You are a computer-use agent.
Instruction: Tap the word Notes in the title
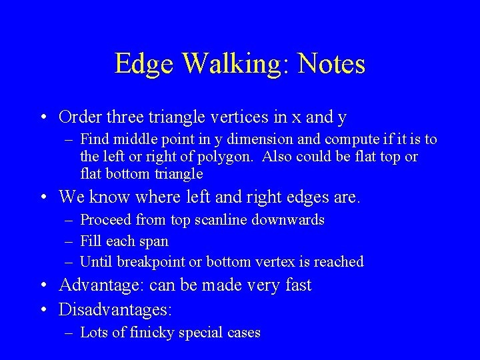pyautogui.click(x=331, y=64)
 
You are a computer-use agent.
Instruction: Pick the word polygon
pyautogui.click(x=226, y=157)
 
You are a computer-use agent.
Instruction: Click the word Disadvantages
pyautogui.click(x=115, y=310)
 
